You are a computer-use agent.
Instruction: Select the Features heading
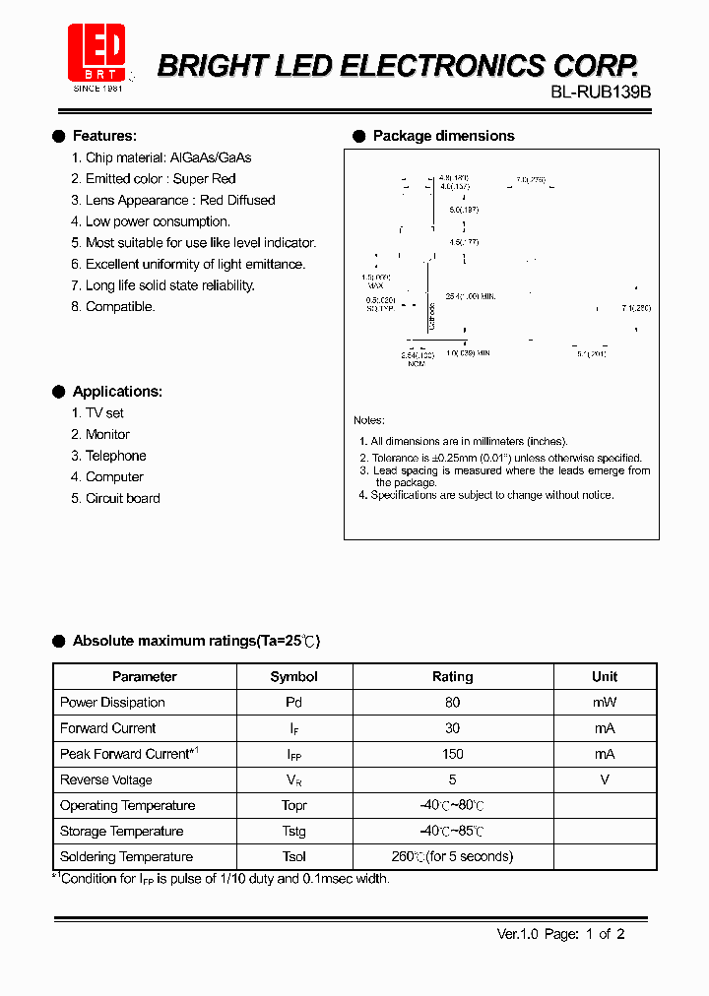(x=104, y=136)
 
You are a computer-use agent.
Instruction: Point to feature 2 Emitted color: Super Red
(x=161, y=178)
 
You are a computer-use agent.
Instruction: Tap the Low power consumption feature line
(x=158, y=221)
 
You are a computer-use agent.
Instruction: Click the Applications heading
(x=117, y=392)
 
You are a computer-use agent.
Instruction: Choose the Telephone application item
(x=115, y=456)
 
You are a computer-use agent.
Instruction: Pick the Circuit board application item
(x=122, y=498)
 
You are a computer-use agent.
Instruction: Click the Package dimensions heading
(x=443, y=136)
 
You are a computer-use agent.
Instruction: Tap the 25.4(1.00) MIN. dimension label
(x=470, y=295)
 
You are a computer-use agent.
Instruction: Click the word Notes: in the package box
(x=369, y=420)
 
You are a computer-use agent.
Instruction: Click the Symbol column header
(x=293, y=676)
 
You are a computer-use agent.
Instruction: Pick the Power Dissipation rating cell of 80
(x=452, y=703)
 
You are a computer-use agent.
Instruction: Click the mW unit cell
(x=604, y=703)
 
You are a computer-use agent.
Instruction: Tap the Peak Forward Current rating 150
(x=452, y=754)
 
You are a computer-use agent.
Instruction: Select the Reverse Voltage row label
(x=106, y=779)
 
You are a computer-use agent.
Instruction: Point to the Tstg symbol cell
(x=293, y=832)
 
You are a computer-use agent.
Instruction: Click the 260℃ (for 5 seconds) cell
(x=452, y=856)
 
